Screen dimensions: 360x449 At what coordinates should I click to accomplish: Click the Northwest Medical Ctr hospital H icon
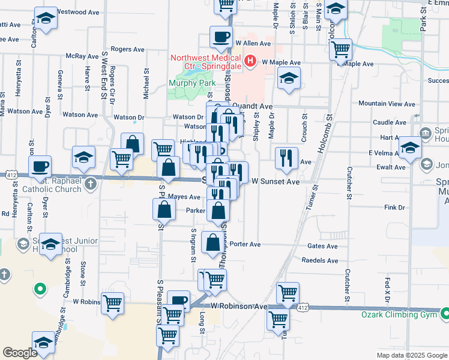pos(250,61)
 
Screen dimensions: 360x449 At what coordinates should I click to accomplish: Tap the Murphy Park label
pos(192,83)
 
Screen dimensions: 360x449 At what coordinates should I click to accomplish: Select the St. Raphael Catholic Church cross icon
pos(90,182)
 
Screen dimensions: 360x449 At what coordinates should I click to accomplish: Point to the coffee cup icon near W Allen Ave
pos(221,37)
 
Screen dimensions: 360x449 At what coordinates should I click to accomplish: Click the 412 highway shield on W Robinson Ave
pos(303,307)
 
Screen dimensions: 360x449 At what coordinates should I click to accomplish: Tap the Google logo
pos(20,353)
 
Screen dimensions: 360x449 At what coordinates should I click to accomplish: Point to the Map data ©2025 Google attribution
pos(411,355)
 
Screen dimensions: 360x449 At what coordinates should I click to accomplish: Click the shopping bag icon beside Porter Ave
pos(213,243)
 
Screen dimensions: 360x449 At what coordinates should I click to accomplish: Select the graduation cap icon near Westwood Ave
pos(46,18)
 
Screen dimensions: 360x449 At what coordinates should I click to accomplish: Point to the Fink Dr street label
pos(395,208)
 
